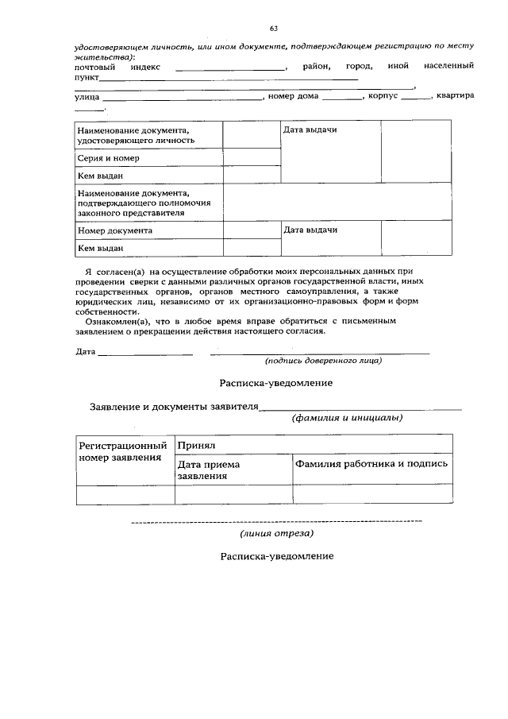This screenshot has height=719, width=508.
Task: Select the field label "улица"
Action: [87, 97]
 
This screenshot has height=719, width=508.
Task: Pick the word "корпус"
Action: [383, 97]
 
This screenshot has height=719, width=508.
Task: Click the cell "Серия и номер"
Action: [107, 158]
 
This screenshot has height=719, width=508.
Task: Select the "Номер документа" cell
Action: [115, 230]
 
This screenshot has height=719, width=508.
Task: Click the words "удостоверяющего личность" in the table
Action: [136, 140]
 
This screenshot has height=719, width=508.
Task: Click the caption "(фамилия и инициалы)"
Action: [346, 418]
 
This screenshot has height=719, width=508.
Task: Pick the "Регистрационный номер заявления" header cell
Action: [125, 452]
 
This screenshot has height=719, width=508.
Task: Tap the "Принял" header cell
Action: [198, 446]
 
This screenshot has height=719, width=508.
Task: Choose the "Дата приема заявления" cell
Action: [209, 470]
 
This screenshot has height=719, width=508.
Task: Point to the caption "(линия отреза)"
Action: [277, 533]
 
